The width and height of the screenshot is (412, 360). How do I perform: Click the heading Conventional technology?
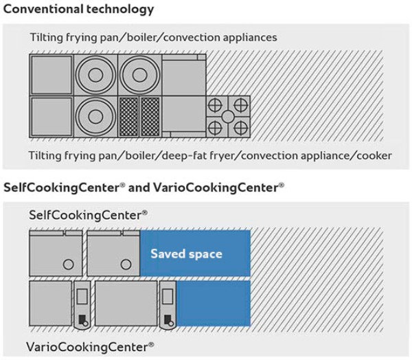pos(79,10)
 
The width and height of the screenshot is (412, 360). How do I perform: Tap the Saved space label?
pos(186,254)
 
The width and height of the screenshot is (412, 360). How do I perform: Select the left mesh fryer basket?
pos(129,115)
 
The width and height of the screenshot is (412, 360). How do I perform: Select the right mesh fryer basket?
pos(150,115)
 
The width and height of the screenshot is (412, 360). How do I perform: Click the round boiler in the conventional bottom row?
pos(95,115)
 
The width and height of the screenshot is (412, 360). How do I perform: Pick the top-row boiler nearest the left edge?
pos(95,74)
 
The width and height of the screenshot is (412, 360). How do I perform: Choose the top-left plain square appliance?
pos(51,74)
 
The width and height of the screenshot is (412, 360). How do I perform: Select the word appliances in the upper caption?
pos(246,36)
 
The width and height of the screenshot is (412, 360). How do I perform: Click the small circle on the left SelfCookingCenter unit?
pos(68,264)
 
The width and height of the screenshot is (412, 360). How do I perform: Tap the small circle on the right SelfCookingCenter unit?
pos(126,264)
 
